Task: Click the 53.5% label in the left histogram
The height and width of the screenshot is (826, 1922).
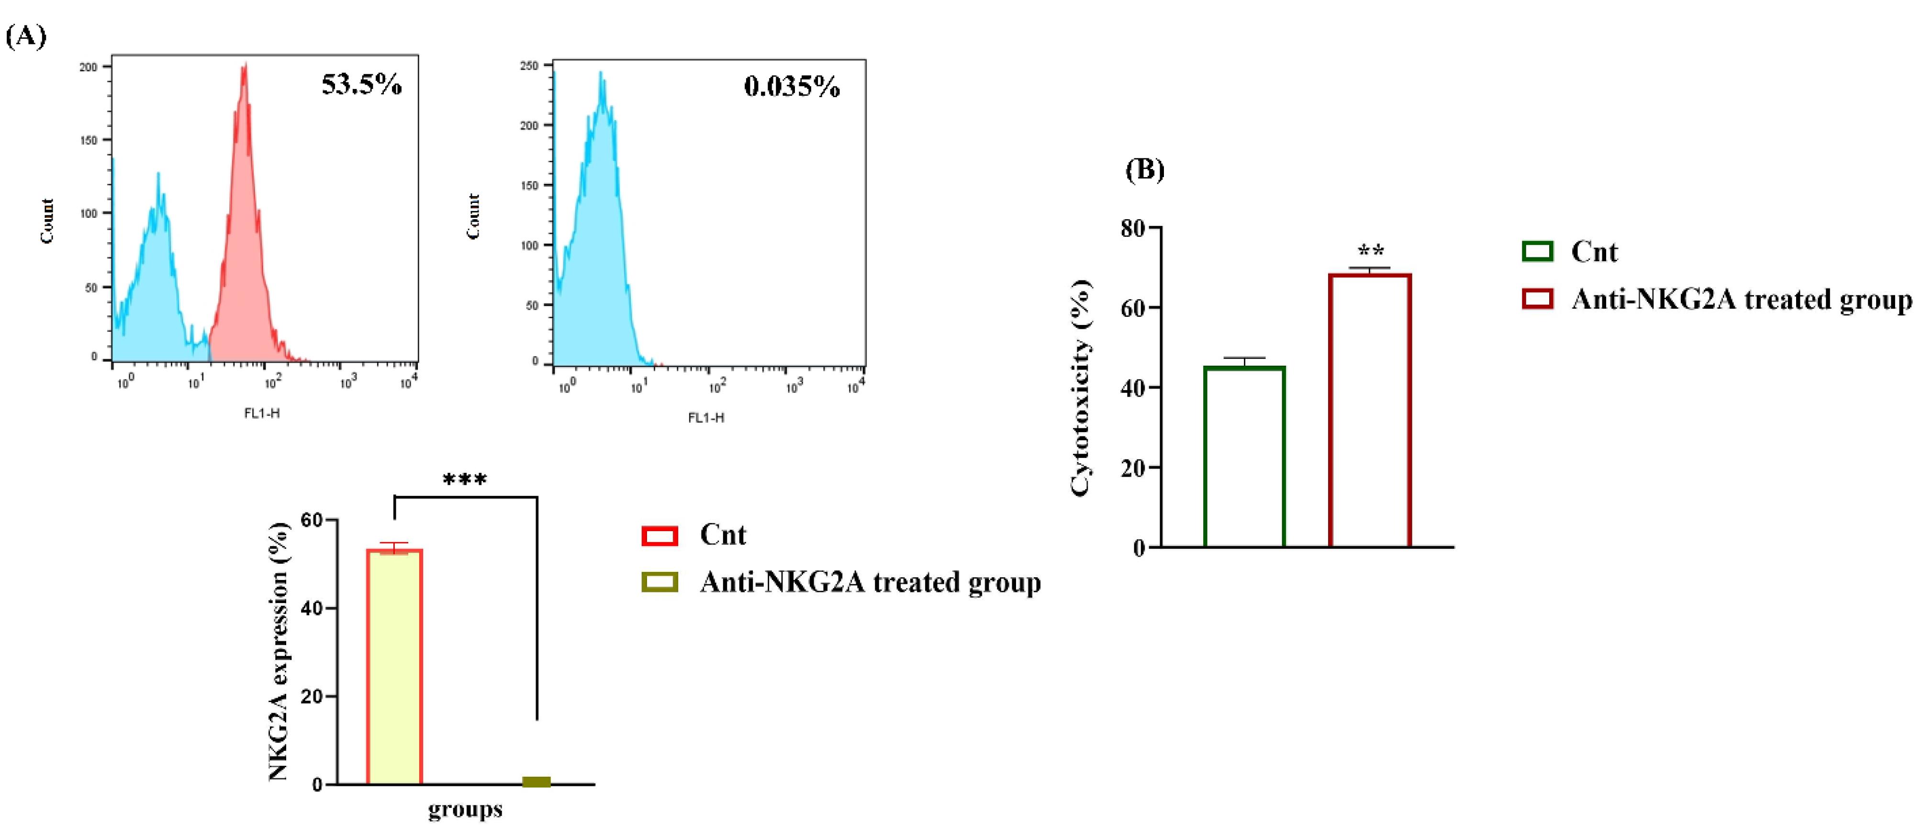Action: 362,84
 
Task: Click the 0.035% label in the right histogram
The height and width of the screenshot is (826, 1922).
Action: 792,87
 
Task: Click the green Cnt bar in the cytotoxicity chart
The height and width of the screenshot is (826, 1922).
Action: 1244,457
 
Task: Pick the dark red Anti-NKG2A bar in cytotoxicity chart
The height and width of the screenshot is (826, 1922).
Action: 1370,411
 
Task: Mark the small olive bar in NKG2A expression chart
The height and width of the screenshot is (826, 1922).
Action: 536,781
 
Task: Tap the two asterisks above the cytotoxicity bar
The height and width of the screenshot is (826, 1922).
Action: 1371,251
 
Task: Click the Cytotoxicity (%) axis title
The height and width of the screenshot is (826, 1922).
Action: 1081,388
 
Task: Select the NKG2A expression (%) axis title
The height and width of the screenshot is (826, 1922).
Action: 279,651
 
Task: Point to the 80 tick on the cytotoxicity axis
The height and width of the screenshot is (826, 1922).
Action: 1133,228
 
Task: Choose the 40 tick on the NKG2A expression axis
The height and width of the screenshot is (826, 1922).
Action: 313,608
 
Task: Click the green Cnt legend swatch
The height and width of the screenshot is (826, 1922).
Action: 1537,251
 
